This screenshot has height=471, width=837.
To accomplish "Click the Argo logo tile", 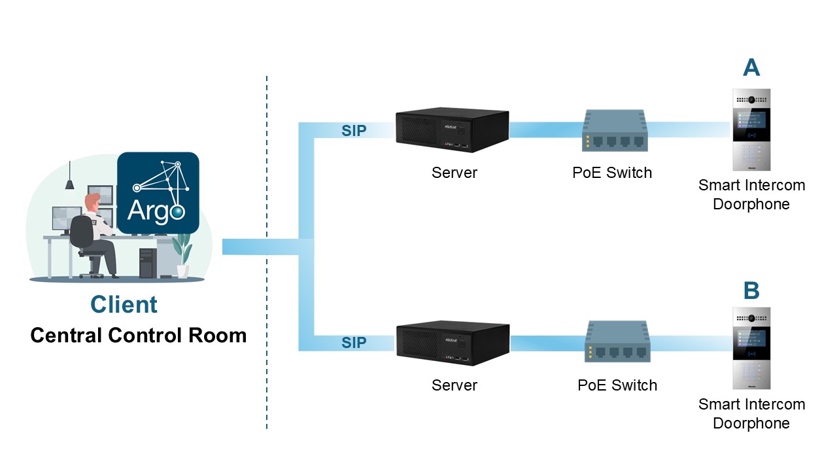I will click(x=158, y=193).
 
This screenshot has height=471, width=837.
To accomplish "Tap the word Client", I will click(x=124, y=304).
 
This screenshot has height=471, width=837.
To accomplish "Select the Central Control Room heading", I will click(x=139, y=336).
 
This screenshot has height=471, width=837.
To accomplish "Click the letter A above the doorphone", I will click(x=751, y=67).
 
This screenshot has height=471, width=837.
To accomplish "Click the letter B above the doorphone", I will click(x=751, y=290).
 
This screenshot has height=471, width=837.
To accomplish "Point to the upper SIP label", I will click(x=354, y=131).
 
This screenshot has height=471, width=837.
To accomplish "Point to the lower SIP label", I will click(x=354, y=343).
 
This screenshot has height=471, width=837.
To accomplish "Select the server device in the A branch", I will click(x=452, y=129).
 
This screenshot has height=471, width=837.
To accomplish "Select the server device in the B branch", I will click(x=452, y=341).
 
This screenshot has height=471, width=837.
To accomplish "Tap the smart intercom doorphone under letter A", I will click(x=751, y=129).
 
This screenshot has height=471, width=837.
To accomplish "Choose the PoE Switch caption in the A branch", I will click(x=612, y=173).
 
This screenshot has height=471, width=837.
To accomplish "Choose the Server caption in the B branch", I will click(x=454, y=385).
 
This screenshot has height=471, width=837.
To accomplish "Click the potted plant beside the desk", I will click(x=182, y=255).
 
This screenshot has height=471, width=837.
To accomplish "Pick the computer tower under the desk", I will click(x=145, y=264).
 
